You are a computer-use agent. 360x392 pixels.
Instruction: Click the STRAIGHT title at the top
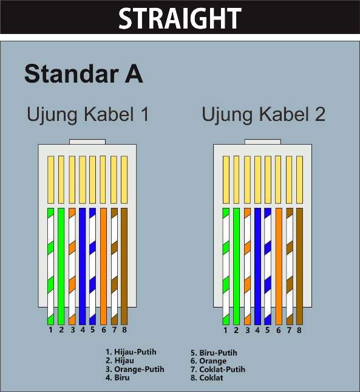point(179,19)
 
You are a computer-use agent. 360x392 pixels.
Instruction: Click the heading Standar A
point(84,74)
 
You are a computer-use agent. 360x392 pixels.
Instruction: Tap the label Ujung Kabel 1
point(87,114)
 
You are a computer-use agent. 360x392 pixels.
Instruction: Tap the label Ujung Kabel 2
point(263,114)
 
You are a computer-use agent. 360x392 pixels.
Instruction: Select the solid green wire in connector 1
point(61,264)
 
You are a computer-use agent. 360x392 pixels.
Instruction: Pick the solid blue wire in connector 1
point(82,264)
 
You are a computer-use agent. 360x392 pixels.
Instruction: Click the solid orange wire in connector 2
point(279,264)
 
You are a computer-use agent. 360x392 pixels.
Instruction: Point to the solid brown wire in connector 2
point(299,264)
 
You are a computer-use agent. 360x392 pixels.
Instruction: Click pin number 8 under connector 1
point(124,330)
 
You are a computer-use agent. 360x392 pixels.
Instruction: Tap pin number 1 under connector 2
point(225,330)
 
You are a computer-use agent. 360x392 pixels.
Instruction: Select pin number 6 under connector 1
point(103,330)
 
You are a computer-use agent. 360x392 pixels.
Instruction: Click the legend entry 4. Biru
point(118,377)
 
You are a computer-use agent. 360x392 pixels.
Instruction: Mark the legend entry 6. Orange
point(208,361)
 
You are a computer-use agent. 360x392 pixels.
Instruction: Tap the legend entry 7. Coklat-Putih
point(218,370)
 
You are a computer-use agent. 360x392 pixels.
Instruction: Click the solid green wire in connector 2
point(236,264)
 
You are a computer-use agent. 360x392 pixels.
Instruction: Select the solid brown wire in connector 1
point(124,264)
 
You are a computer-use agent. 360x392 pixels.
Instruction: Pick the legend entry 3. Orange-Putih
point(135,369)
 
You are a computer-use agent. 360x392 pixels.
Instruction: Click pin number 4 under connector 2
point(257,330)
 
